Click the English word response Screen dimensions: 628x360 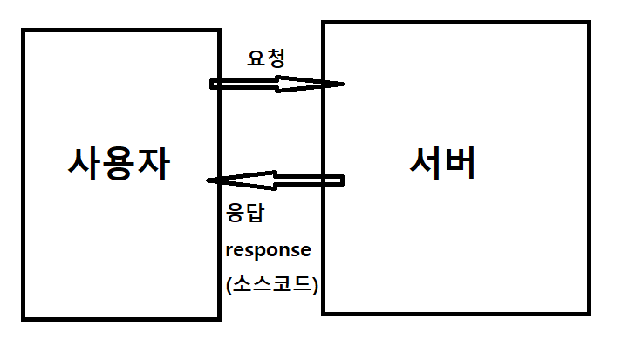coord(268,249)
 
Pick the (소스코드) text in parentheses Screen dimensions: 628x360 coord(271,284)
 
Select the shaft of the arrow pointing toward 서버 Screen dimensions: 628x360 coord(244,84)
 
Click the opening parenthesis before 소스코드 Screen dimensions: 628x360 coord(229,285)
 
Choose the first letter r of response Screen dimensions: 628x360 coord(229,250)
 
